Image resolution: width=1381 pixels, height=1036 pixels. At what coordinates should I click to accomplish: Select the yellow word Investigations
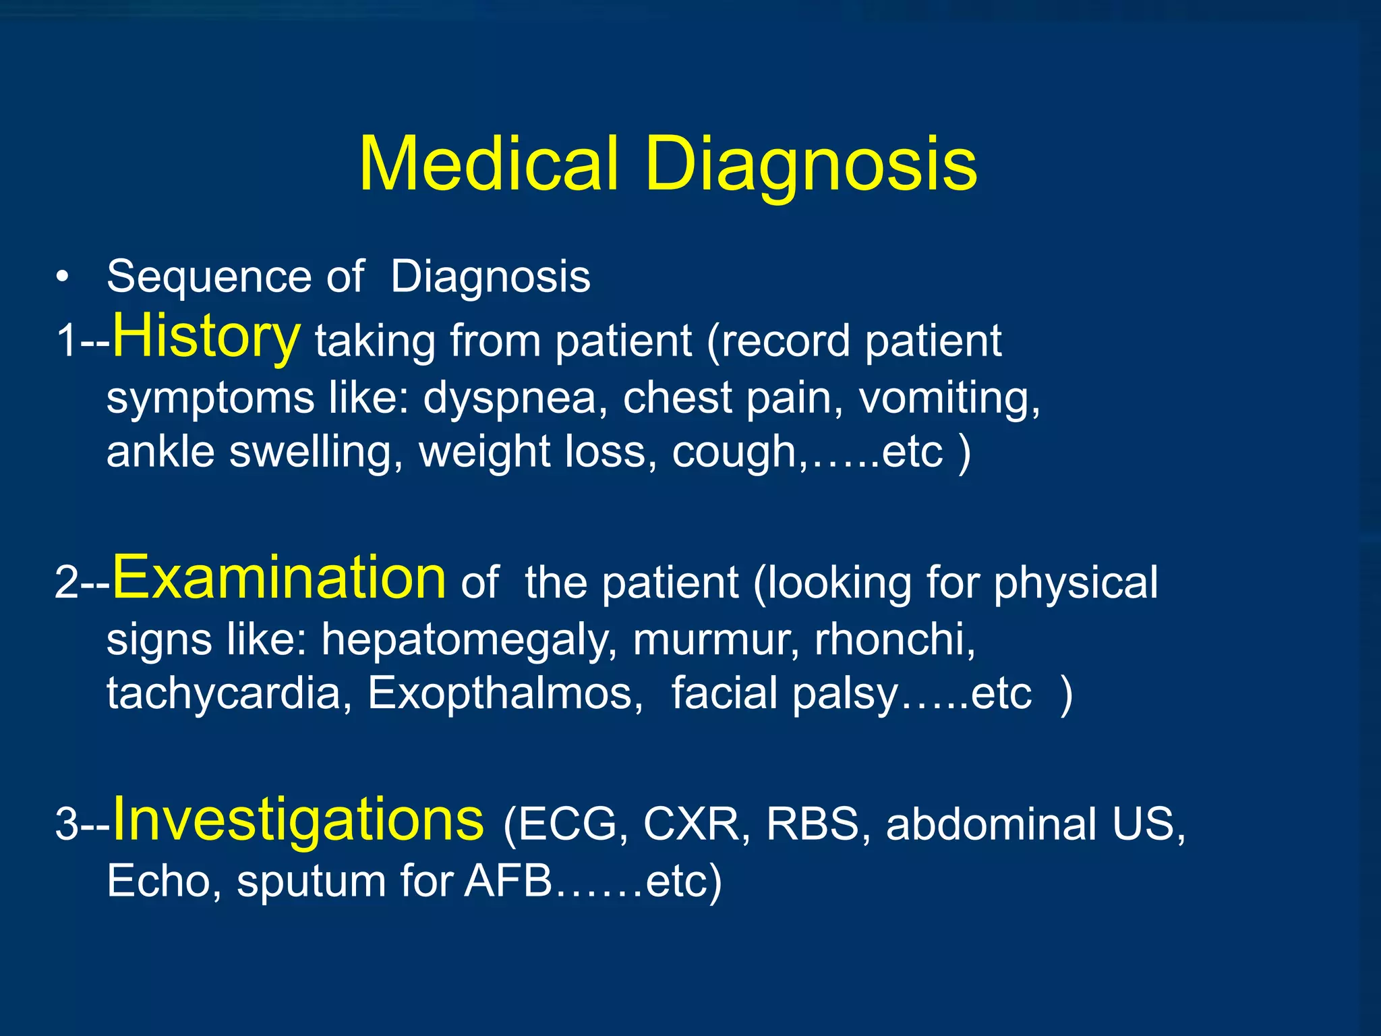point(298,819)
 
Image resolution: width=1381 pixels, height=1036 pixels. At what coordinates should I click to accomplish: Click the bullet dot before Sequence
point(63,278)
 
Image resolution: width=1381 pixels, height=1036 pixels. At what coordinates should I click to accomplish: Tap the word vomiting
point(949,398)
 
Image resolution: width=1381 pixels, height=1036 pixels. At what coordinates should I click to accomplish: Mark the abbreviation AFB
point(508,881)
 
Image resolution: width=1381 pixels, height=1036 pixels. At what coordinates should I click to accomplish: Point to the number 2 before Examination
point(67,581)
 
